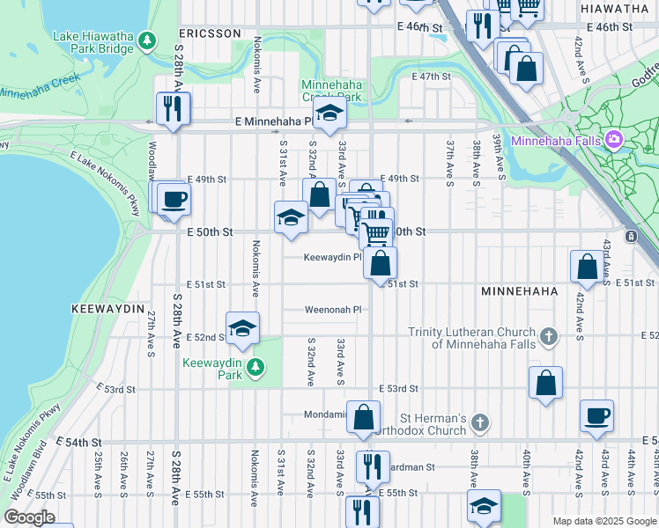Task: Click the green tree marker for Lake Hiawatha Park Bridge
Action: (x=147, y=40)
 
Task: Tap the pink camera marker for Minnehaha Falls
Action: (x=614, y=140)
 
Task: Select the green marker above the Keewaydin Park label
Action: (x=255, y=366)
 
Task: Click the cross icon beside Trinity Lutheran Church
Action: (x=548, y=336)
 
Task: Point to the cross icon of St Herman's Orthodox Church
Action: (x=480, y=423)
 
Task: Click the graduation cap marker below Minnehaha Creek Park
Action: (x=329, y=114)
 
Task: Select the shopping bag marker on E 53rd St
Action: (x=546, y=383)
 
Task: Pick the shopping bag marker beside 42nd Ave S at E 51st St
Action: (x=587, y=267)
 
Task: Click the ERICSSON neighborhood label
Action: (x=210, y=33)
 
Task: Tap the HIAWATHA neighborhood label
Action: (x=614, y=8)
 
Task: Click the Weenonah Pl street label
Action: (x=333, y=310)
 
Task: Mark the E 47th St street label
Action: (x=431, y=77)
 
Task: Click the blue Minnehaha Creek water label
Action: (x=40, y=86)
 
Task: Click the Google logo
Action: (x=28, y=517)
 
